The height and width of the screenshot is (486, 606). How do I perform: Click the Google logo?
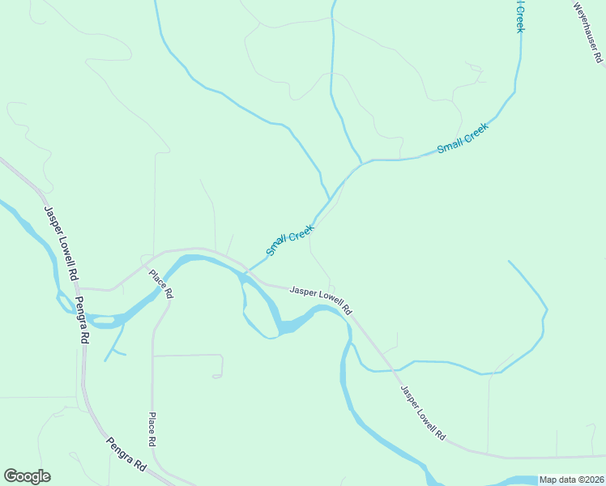point(27,476)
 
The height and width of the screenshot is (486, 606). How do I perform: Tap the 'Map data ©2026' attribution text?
point(571,480)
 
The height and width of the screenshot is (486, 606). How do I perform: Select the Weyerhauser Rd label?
point(588,32)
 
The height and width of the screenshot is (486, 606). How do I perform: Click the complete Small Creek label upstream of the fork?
point(463,139)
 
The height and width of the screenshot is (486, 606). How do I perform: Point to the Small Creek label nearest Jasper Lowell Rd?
point(290,241)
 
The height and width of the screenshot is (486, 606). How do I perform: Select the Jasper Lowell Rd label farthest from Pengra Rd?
point(423,412)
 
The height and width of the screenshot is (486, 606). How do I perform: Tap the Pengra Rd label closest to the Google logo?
point(126,455)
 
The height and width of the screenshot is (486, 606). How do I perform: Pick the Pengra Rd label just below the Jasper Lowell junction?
point(81,320)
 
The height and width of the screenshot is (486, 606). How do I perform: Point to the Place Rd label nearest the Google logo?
point(151,430)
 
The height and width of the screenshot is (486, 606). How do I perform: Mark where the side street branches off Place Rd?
point(153,355)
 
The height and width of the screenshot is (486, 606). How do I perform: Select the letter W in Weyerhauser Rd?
point(578,6)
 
